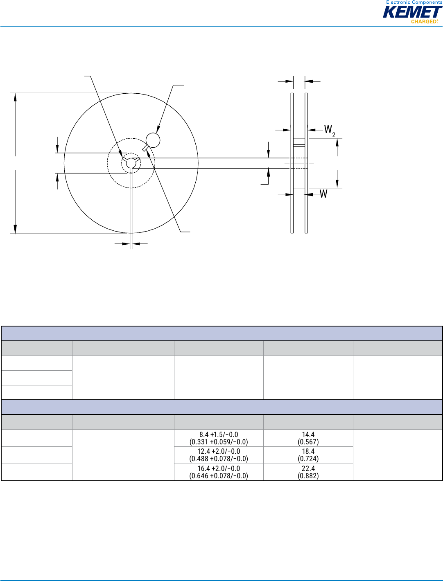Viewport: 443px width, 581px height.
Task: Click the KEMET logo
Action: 413,12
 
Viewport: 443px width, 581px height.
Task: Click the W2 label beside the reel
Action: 330,131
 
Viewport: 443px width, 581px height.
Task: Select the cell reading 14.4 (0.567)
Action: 308,438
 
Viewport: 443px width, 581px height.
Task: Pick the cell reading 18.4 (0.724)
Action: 308,455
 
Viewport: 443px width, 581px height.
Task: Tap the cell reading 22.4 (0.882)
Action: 308,472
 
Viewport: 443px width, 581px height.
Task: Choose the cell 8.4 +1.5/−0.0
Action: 219,438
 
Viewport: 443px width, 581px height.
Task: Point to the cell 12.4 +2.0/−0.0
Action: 219,455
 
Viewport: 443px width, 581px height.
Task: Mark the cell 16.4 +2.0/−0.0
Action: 219,472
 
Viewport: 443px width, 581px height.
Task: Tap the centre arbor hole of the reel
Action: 131,163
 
